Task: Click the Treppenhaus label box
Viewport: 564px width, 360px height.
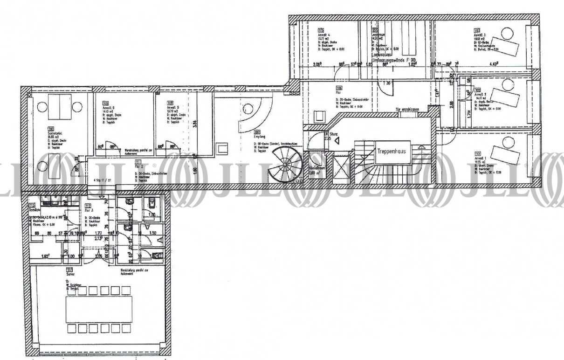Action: [x=393, y=152]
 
